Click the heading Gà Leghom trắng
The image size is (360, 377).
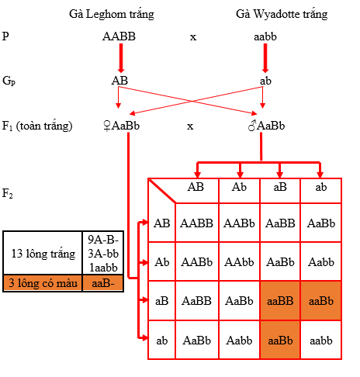coord(112,14)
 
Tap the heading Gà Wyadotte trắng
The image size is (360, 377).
coord(282,14)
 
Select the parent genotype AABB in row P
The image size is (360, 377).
coord(119,36)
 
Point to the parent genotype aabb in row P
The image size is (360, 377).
coord(265,36)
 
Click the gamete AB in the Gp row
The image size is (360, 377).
coord(119,81)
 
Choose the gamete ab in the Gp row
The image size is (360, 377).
coord(265,81)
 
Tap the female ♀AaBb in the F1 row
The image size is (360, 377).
coord(121,126)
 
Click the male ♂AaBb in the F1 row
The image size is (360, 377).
coord(266,126)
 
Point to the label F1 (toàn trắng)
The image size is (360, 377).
coord(37,126)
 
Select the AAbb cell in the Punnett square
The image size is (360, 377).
coord(239,262)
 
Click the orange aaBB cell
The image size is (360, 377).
coord(280,301)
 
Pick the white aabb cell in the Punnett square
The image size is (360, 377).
coord(321,341)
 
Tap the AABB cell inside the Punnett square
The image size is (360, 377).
coord(197,223)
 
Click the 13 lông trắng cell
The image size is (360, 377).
coord(43,254)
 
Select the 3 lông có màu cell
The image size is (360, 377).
coord(43,283)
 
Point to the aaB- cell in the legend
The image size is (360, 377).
coord(103,283)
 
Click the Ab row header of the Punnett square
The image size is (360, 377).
coord(162,262)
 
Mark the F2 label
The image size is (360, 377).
coord(8,193)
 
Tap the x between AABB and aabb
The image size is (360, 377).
coord(193,37)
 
